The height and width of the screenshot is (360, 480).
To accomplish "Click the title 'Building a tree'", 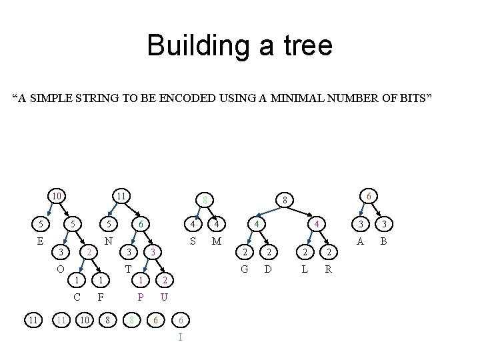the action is click(239, 45).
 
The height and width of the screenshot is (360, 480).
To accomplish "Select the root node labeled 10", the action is click(58, 196).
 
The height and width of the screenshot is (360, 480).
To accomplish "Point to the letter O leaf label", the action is click(60, 269).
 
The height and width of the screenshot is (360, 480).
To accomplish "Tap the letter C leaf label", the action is click(78, 297).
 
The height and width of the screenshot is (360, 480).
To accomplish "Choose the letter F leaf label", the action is click(100, 297).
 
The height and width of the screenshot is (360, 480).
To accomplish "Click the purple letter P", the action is click(141, 297).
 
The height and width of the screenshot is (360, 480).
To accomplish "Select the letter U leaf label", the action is click(164, 297).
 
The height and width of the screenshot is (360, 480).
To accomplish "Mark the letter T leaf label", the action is click(128, 269).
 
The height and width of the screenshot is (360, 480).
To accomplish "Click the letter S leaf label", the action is click(193, 241).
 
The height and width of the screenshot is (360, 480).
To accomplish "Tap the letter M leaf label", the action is click(216, 241).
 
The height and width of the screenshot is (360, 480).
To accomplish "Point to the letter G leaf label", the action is click(245, 269).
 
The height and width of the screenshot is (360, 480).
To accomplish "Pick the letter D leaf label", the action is click(268, 269).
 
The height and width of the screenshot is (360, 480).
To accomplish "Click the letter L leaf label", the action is click(305, 269).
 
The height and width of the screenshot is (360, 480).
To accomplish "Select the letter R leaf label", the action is click(328, 269).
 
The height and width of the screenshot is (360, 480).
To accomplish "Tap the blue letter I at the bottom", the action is click(180, 337).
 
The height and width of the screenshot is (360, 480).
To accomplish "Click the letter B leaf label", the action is click(383, 241).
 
